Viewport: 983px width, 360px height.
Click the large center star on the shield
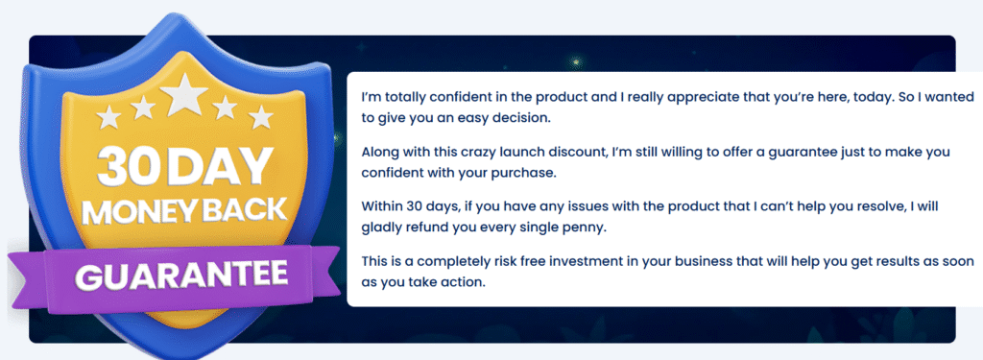[x=183, y=95]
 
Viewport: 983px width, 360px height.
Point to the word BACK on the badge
[x=246, y=210]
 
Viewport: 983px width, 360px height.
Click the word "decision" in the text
[x=522, y=118]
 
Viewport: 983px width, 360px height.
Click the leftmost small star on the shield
[x=108, y=117]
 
